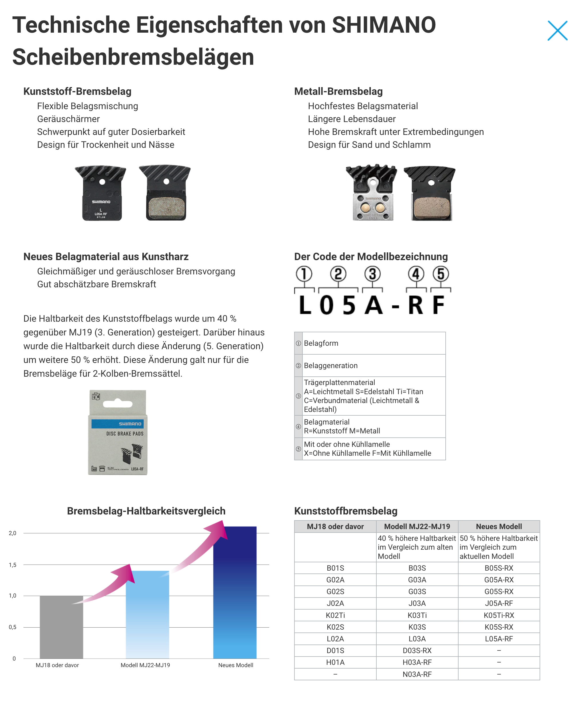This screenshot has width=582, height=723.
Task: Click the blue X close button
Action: tap(557, 31)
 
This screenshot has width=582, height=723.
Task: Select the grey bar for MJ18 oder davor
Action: tap(61, 627)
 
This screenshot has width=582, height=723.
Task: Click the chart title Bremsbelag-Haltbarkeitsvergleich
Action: tap(146, 511)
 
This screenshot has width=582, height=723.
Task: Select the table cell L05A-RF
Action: tap(499, 639)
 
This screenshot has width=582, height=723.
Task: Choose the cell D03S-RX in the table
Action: tap(417, 651)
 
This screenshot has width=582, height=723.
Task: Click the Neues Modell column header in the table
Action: tap(499, 526)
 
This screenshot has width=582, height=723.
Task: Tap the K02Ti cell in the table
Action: tap(335, 615)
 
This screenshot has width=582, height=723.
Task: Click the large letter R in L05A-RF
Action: tap(415, 305)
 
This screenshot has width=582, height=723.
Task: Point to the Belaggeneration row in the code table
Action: tap(370, 366)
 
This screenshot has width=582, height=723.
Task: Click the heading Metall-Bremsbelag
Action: tap(338, 91)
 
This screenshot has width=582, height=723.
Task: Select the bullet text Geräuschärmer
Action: tap(68, 119)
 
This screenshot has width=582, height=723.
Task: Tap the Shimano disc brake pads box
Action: tap(118, 432)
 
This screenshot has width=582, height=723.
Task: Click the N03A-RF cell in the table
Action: tap(417, 674)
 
